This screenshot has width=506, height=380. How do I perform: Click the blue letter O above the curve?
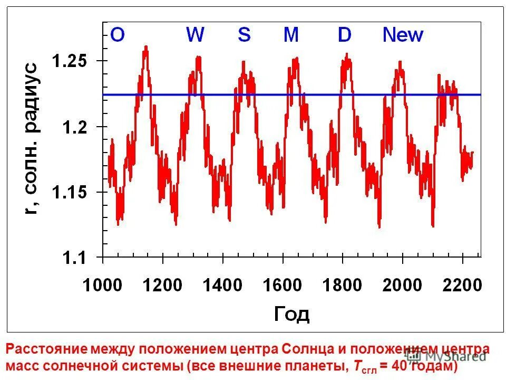coord(117,35)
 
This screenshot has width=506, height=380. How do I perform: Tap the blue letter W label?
coord(195,35)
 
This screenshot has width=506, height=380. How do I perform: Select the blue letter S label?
coord(244,35)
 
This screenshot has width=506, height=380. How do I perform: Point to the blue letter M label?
coord(291,35)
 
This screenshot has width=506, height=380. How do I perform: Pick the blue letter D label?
coord(344,35)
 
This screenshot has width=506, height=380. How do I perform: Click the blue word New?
coord(403,35)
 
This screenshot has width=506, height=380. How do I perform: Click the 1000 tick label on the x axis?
coord(103,286)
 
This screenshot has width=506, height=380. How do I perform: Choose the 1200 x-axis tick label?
coord(163,286)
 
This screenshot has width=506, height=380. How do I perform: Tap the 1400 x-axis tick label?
coord(222,286)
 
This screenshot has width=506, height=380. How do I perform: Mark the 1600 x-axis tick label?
coord(283,286)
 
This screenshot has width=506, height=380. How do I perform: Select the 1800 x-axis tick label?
coord(343,286)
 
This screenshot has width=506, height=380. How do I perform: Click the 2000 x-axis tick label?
coord(402,286)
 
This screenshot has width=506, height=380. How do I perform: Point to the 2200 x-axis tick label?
coord(462,286)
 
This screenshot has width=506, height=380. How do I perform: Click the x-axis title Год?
coord(291,315)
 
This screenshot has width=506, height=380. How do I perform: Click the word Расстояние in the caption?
coord(45,349)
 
